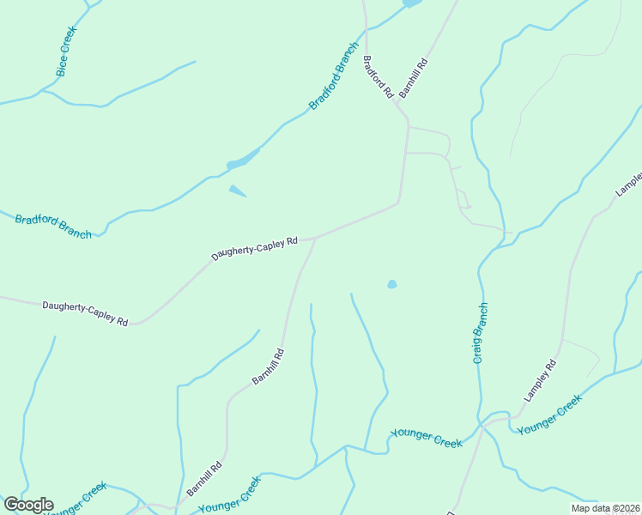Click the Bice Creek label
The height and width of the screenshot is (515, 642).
(66, 51)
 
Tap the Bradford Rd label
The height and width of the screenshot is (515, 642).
(378, 76)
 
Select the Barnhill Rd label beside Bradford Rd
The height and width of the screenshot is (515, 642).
(413, 78)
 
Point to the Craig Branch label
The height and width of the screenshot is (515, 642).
(481, 333)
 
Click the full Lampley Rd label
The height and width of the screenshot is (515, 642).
(541, 381)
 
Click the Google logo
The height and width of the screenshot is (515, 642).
(28, 505)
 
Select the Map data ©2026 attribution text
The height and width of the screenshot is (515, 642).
(606, 508)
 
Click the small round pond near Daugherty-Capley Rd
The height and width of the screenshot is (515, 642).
(392, 284)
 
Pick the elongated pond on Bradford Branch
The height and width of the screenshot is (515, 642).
(243, 161)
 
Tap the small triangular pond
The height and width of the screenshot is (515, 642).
(236, 191)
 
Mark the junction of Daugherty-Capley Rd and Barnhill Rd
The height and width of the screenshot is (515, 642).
(316, 238)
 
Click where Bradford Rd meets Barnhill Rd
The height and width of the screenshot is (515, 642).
(407, 119)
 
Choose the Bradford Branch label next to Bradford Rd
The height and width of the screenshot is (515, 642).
(334, 76)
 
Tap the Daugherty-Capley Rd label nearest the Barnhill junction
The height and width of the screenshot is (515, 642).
(254, 248)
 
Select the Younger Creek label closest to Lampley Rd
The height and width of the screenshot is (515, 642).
(550, 414)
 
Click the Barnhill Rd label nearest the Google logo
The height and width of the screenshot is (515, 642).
(204, 479)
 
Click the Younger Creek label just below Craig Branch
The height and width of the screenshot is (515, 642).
(427, 439)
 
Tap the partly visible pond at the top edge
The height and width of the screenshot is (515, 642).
(411, 3)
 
